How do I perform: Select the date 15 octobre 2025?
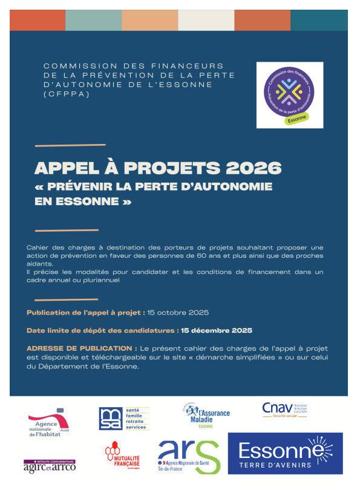(x=179, y=313)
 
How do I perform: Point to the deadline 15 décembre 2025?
(x=217, y=331)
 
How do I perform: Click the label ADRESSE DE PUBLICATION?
(x=82, y=349)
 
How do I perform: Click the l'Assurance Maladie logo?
(x=206, y=415)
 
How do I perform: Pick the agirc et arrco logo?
(x=49, y=465)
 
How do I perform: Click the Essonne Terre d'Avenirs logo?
(x=284, y=453)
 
